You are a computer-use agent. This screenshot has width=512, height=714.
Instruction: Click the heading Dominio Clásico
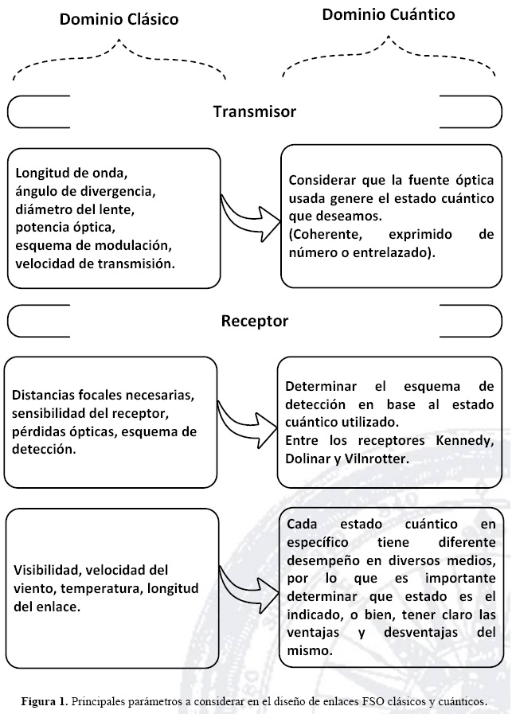(x=119, y=18)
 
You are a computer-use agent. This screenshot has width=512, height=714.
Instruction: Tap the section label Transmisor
(x=255, y=111)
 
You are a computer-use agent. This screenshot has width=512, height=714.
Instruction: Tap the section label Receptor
(x=255, y=322)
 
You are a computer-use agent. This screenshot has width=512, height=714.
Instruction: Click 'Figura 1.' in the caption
(x=44, y=701)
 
